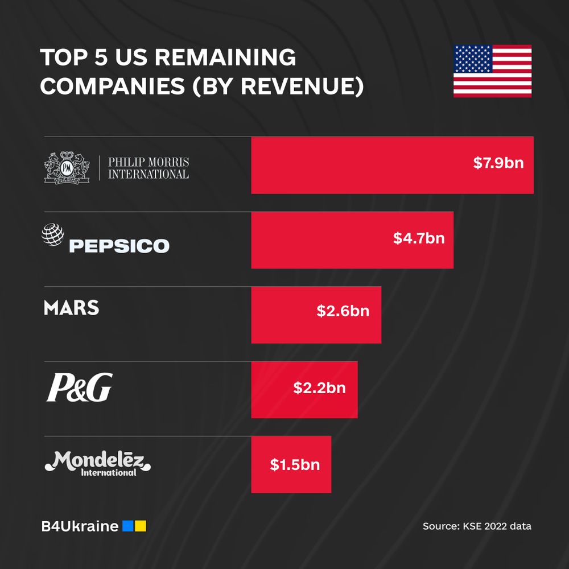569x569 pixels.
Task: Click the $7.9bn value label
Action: click(x=498, y=163)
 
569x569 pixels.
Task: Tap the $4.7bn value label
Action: click(x=419, y=238)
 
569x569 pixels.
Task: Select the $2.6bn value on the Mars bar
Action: click(x=343, y=311)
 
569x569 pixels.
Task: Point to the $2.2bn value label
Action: click(x=319, y=388)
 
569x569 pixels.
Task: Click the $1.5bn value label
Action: click(x=295, y=464)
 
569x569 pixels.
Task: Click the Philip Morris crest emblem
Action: click(x=67, y=167)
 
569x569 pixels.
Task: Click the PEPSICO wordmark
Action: click(x=119, y=246)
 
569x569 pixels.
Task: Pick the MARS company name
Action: click(x=71, y=308)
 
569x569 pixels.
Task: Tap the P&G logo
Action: click(x=79, y=387)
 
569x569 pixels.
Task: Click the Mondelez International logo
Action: click(x=98, y=463)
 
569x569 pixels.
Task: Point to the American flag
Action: click(x=492, y=71)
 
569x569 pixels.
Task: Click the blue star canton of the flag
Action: click(x=472, y=59)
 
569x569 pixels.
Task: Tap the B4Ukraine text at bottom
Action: click(x=80, y=526)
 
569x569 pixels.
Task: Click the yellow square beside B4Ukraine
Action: click(x=141, y=526)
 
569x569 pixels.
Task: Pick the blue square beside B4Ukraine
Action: click(x=128, y=526)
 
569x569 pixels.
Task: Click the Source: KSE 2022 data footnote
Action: click(x=477, y=526)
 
